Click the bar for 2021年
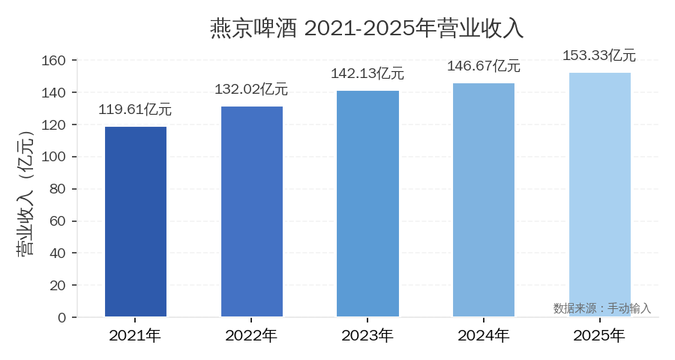point(136,221)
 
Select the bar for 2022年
point(252,211)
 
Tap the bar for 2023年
point(367,203)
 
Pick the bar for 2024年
point(484,199)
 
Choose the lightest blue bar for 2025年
point(600,194)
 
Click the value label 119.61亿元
point(136,109)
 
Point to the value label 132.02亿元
point(252,89)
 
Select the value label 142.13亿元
point(367,73)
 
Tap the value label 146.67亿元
point(484,66)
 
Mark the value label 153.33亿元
point(600,55)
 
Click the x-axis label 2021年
point(136,335)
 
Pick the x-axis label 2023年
point(367,335)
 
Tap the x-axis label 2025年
point(600,335)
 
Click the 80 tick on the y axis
point(59,189)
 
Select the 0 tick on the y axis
point(63,317)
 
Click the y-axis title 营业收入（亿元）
point(25,193)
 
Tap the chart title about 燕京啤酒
point(367,28)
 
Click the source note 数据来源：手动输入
point(602,308)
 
